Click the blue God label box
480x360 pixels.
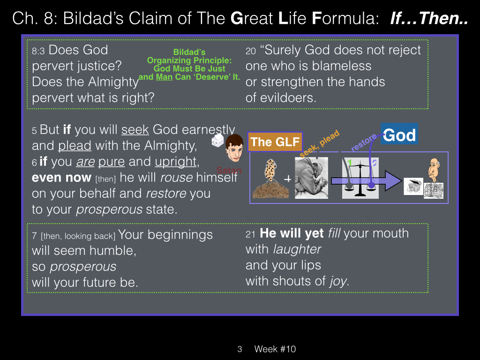tap(399, 134)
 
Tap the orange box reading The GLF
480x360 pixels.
tap(275, 142)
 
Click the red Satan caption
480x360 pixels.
tap(229, 170)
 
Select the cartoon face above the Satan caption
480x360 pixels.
tap(234, 148)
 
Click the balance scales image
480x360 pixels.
tap(360, 178)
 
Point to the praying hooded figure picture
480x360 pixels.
tap(311, 178)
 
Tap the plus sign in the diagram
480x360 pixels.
tap(287, 179)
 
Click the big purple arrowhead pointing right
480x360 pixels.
tap(393, 181)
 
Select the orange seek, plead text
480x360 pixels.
tap(319, 143)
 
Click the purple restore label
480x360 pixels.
tap(364, 142)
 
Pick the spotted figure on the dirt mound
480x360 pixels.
tap(270, 179)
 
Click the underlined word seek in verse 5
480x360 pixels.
tap(135, 130)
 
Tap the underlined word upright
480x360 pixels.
tap(175, 162)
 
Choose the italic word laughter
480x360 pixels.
tap(297, 249)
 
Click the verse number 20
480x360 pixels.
tap(250, 51)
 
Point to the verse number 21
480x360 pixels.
tap(250, 234)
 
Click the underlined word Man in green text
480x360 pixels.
tap(164, 77)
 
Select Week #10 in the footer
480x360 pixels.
tap(275, 349)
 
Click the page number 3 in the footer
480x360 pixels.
tap(240, 349)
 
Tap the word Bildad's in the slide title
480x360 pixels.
tap(93, 18)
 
